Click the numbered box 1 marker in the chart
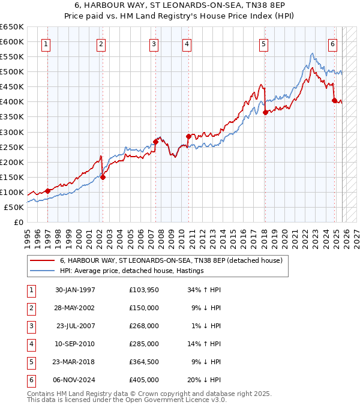click(47, 44)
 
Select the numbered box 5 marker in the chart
click(264, 44)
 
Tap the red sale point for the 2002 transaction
click(103, 177)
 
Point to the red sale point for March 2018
click(265, 112)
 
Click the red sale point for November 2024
click(334, 100)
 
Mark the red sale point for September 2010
click(188, 136)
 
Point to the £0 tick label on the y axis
click(18, 222)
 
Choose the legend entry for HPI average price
click(132, 271)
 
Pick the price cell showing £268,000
click(144, 326)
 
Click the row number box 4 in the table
click(31, 344)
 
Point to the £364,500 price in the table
click(144, 362)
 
